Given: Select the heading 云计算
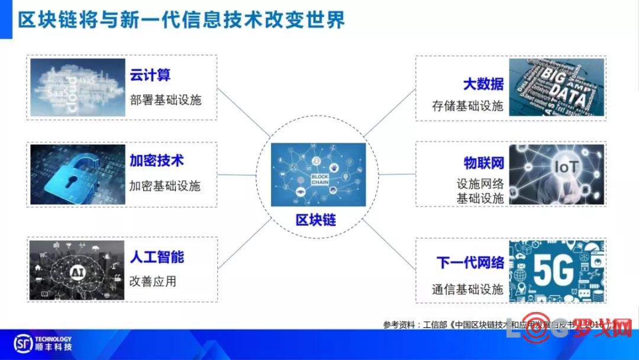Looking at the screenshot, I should click(x=150, y=75).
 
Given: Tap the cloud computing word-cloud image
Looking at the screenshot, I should click(x=78, y=88).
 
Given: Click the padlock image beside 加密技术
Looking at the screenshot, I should click(x=78, y=174).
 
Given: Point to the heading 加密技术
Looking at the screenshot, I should click(x=157, y=160).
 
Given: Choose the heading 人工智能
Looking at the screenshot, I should click(x=157, y=256).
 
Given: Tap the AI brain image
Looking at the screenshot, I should click(x=78, y=270).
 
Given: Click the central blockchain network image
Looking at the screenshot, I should click(x=318, y=174).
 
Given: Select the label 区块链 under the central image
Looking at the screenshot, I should click(x=316, y=220).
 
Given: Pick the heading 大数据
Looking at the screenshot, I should click(x=483, y=83).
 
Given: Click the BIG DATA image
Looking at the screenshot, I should click(x=556, y=87).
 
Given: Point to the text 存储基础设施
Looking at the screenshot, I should click(x=467, y=107).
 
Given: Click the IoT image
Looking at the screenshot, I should click(x=556, y=174).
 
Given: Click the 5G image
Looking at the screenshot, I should click(x=556, y=270).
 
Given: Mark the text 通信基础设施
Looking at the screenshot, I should click(x=467, y=289).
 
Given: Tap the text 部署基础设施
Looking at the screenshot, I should click(x=166, y=99).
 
